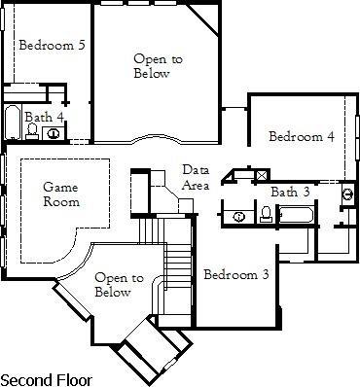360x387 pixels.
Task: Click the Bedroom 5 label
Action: pyautogui.click(x=51, y=45)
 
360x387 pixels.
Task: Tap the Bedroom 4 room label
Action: pyautogui.click(x=302, y=136)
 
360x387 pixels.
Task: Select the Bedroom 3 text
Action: pyautogui.click(x=235, y=274)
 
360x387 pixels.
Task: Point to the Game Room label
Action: pyautogui.click(x=60, y=193)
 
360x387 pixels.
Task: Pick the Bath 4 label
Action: pyautogui.click(x=45, y=117)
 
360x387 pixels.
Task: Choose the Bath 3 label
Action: pyautogui.click(x=290, y=191)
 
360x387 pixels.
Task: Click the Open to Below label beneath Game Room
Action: pyautogui.click(x=113, y=284)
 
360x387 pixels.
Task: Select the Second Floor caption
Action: pyautogui.click(x=46, y=377)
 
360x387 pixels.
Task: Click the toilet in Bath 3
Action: pyautogui.click(x=266, y=214)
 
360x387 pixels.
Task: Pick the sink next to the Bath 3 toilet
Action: pyautogui.click(x=238, y=215)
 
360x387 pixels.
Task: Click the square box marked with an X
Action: pyautogui.click(x=261, y=175)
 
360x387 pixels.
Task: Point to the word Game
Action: pyautogui.click(x=60, y=186)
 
